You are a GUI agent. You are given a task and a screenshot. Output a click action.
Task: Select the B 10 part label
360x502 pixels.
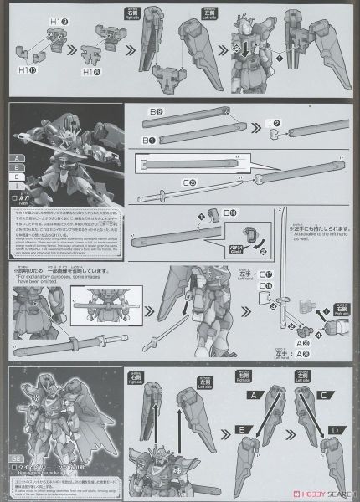[208, 213]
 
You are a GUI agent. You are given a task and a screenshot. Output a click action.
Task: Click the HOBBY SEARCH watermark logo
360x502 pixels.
[317, 494]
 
